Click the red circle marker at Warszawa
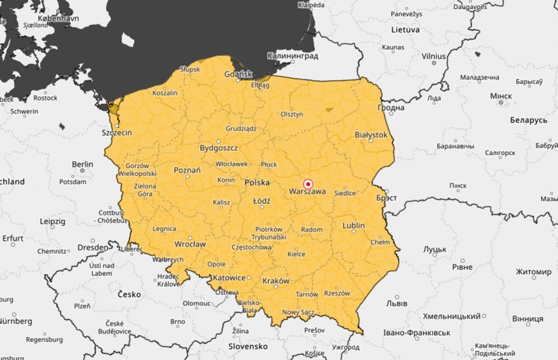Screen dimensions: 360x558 point(308,183)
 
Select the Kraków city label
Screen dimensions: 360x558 point(277,281)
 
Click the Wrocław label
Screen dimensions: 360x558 point(190,244)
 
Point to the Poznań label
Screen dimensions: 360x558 point(186,170)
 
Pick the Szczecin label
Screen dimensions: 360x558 point(116,132)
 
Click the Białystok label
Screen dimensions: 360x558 point(370,134)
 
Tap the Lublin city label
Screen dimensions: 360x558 point(354,225)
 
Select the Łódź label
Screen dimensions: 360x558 point(261,200)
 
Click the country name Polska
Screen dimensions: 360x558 point(257,182)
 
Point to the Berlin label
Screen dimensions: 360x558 point(82,164)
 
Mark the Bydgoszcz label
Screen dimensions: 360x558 point(218,148)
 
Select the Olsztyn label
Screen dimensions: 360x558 point(292,114)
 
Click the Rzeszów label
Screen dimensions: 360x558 point(337,293)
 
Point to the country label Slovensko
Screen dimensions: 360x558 point(248,345)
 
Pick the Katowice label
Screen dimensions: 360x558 point(229,278)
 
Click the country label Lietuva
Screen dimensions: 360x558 point(405,30)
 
